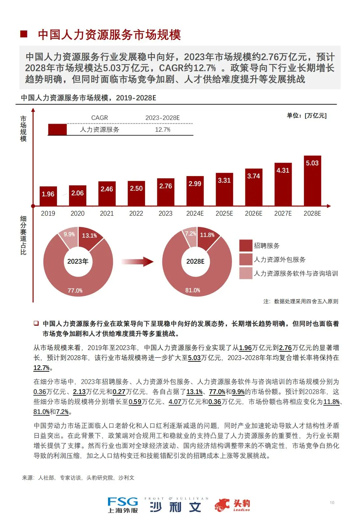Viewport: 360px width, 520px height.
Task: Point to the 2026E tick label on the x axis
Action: tap(253, 213)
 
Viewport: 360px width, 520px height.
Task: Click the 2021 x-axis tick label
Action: tap(107, 213)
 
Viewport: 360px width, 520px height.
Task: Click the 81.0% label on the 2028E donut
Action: tap(193, 290)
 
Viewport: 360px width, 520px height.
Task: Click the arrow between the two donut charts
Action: tap(137, 261)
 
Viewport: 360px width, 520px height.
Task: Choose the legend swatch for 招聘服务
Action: tap(246, 246)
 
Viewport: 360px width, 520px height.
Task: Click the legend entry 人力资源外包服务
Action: tap(279, 259)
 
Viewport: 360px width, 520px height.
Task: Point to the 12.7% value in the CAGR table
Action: tap(163, 129)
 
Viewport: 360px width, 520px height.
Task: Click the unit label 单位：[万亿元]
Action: tap(307, 116)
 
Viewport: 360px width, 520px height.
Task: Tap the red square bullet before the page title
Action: tap(24, 34)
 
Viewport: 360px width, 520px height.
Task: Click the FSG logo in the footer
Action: tap(123, 505)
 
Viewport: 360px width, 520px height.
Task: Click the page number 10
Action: tap(332, 502)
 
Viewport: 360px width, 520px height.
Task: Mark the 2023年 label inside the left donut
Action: tap(78, 261)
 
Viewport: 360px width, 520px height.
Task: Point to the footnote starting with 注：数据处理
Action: tap(301, 301)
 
